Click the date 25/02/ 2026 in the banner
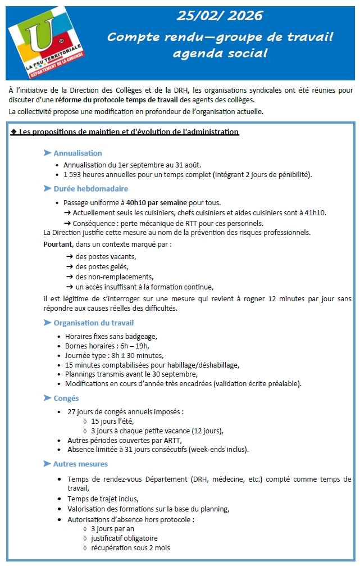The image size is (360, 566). click(220, 16)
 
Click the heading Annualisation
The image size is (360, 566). click(78, 153)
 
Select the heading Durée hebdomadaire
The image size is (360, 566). click(90, 189)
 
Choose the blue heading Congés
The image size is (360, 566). click(66, 399)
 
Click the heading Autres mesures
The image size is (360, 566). click(80, 464)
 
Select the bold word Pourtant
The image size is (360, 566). click(58, 244)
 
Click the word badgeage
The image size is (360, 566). click(143, 336)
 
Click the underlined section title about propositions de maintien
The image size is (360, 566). click(125, 132)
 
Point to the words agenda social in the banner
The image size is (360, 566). click(220, 53)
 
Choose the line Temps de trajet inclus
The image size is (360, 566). click(102, 499)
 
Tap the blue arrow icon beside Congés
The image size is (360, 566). click(48, 399)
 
